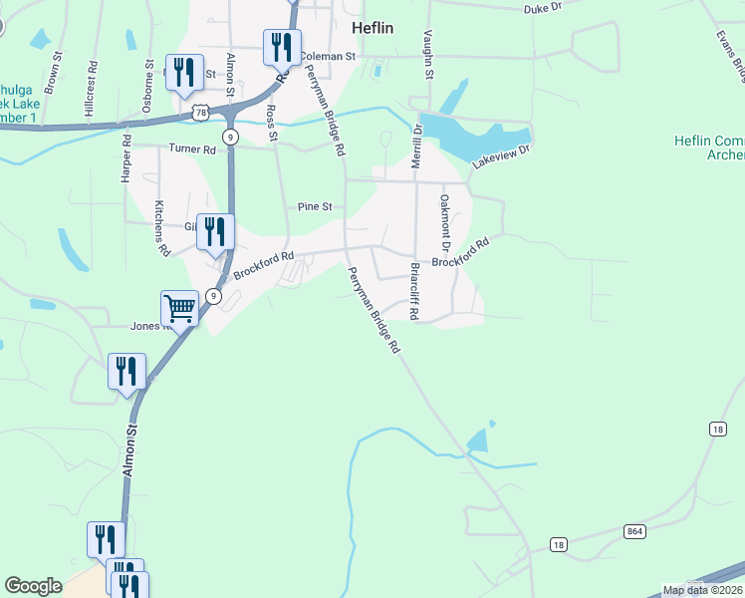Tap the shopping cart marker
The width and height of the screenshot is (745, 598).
pyautogui.click(x=180, y=308)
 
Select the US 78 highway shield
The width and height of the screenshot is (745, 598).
pyautogui.click(x=201, y=113)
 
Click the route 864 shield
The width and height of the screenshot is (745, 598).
pyautogui.click(x=634, y=531)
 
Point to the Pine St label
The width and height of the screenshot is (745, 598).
pyautogui.click(x=314, y=206)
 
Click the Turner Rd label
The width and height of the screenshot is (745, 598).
pyautogui.click(x=192, y=149)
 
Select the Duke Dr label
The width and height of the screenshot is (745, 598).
pyautogui.click(x=543, y=7)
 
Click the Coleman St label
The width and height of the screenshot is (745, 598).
pyautogui.click(x=328, y=57)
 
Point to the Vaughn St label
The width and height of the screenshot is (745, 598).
pyautogui.click(x=429, y=54)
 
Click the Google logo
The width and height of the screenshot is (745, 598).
pyautogui.click(x=33, y=586)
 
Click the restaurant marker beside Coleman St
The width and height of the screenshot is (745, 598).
pyautogui.click(x=283, y=47)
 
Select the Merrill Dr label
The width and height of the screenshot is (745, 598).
pyautogui.click(x=415, y=152)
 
